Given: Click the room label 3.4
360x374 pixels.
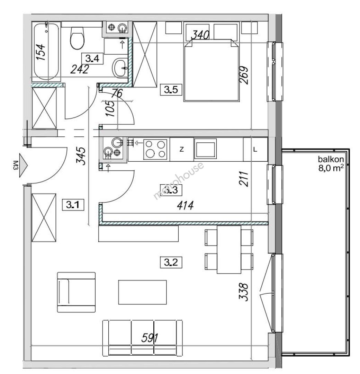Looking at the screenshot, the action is (92, 59).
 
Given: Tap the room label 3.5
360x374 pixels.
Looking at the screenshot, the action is (171, 90).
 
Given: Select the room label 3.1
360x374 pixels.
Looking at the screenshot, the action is (73, 205).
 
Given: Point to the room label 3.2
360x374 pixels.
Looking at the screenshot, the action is (171, 262).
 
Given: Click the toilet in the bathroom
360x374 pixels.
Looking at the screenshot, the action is (77, 38).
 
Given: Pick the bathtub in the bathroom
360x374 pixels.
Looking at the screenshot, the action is (46, 51).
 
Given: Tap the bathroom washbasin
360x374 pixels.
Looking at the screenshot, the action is (120, 68).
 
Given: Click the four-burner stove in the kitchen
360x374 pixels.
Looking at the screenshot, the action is (155, 149).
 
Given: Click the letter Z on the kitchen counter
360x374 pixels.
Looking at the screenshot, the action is (182, 150).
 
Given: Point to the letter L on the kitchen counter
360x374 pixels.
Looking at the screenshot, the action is (255, 150).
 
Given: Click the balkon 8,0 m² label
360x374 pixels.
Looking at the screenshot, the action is (331, 164).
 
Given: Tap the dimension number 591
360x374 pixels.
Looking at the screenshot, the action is (150, 338).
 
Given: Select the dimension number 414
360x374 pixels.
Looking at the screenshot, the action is (185, 205).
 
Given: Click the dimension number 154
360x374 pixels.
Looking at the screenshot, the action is (40, 52).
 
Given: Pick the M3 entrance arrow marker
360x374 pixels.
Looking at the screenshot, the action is (21, 165).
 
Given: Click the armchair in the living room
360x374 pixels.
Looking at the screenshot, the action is (76, 292).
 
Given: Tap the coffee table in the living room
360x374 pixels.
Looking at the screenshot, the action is (142, 292).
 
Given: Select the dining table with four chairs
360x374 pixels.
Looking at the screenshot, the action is (229, 249).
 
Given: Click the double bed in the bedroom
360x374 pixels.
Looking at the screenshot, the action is (211, 70).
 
